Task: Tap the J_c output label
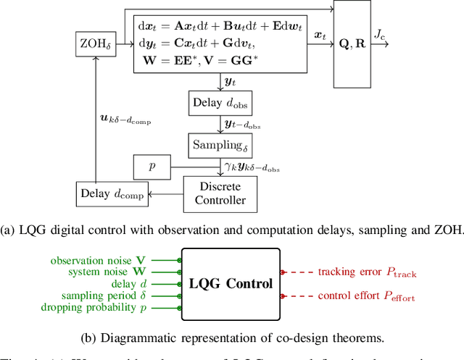[x=380, y=34]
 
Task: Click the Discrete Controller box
[x=220, y=193]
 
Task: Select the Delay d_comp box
[x=111, y=193]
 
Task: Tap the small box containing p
[x=152, y=167]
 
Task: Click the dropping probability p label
[x=109, y=307]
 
